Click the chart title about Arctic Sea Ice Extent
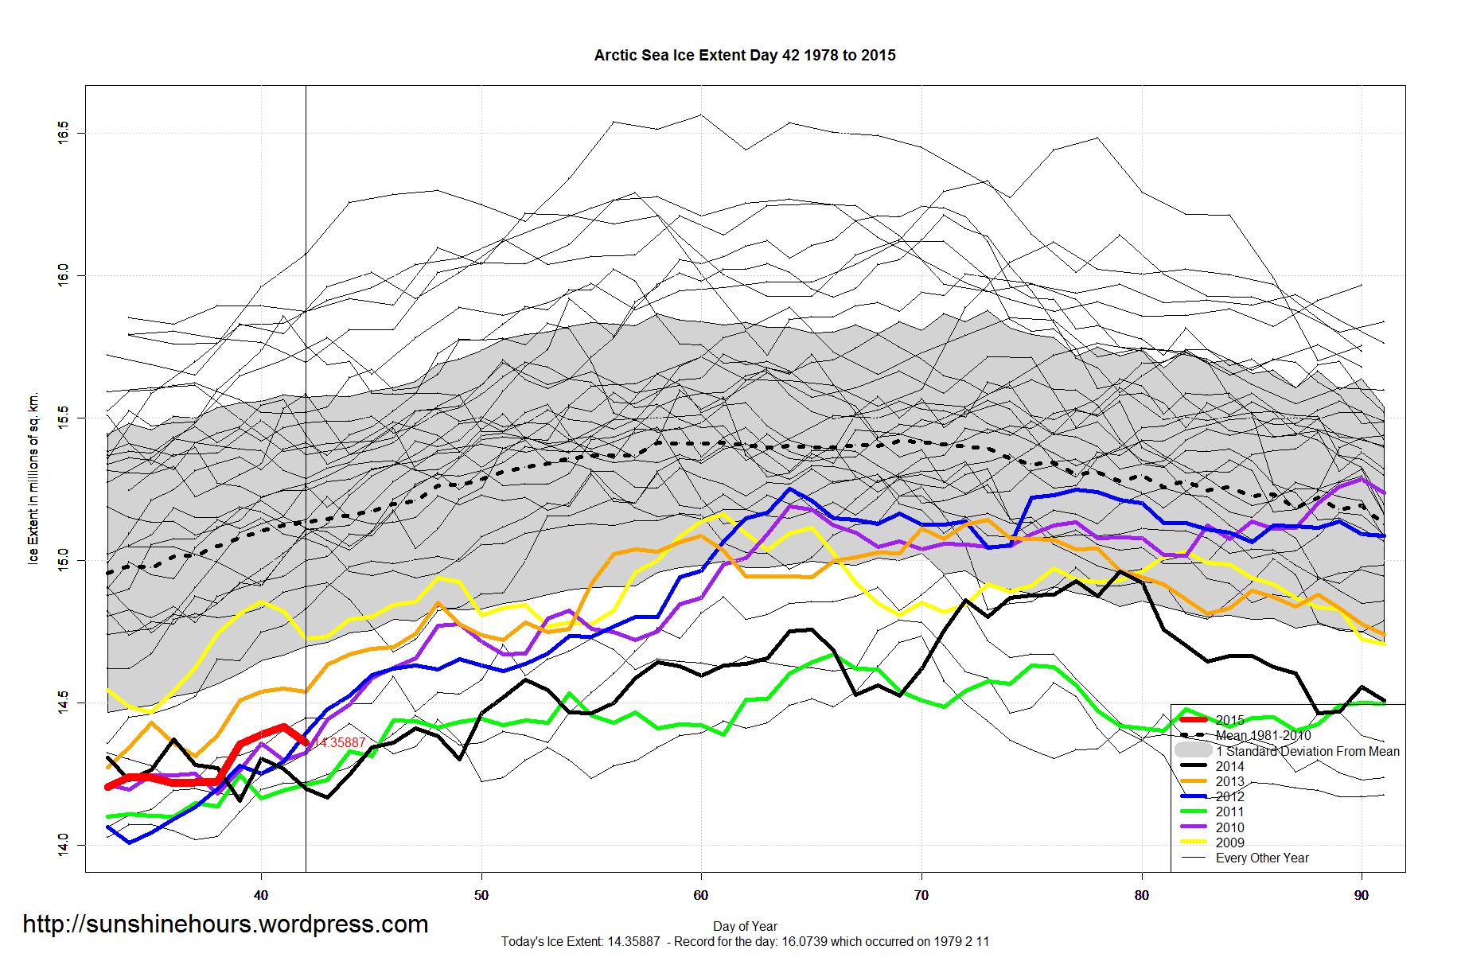click(x=744, y=55)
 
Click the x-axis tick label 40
click(x=261, y=895)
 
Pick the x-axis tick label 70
click(x=921, y=895)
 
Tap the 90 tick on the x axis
click(x=1362, y=895)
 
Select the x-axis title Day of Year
click(x=745, y=926)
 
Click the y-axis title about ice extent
click(x=33, y=478)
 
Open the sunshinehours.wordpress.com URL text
click(x=225, y=924)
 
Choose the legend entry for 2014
click(x=1229, y=766)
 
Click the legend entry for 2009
click(x=1229, y=843)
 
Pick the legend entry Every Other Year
click(x=1261, y=858)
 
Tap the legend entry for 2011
click(x=1229, y=811)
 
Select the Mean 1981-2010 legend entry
click(x=1263, y=736)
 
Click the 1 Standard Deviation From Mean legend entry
click(x=1307, y=751)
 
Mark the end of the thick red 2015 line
click(x=306, y=742)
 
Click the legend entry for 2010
click(x=1229, y=827)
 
